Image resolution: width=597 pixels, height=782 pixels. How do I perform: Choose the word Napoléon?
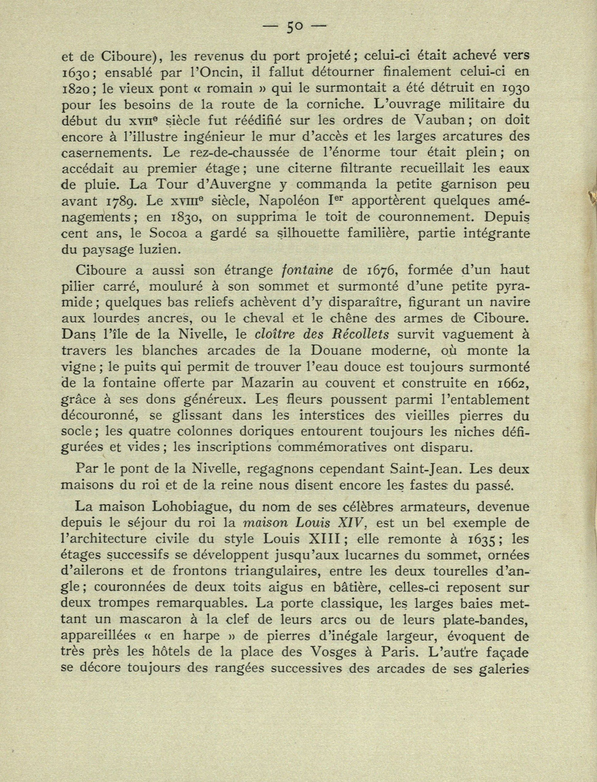click(296, 200)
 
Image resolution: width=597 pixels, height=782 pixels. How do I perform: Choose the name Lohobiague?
click(195, 506)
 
